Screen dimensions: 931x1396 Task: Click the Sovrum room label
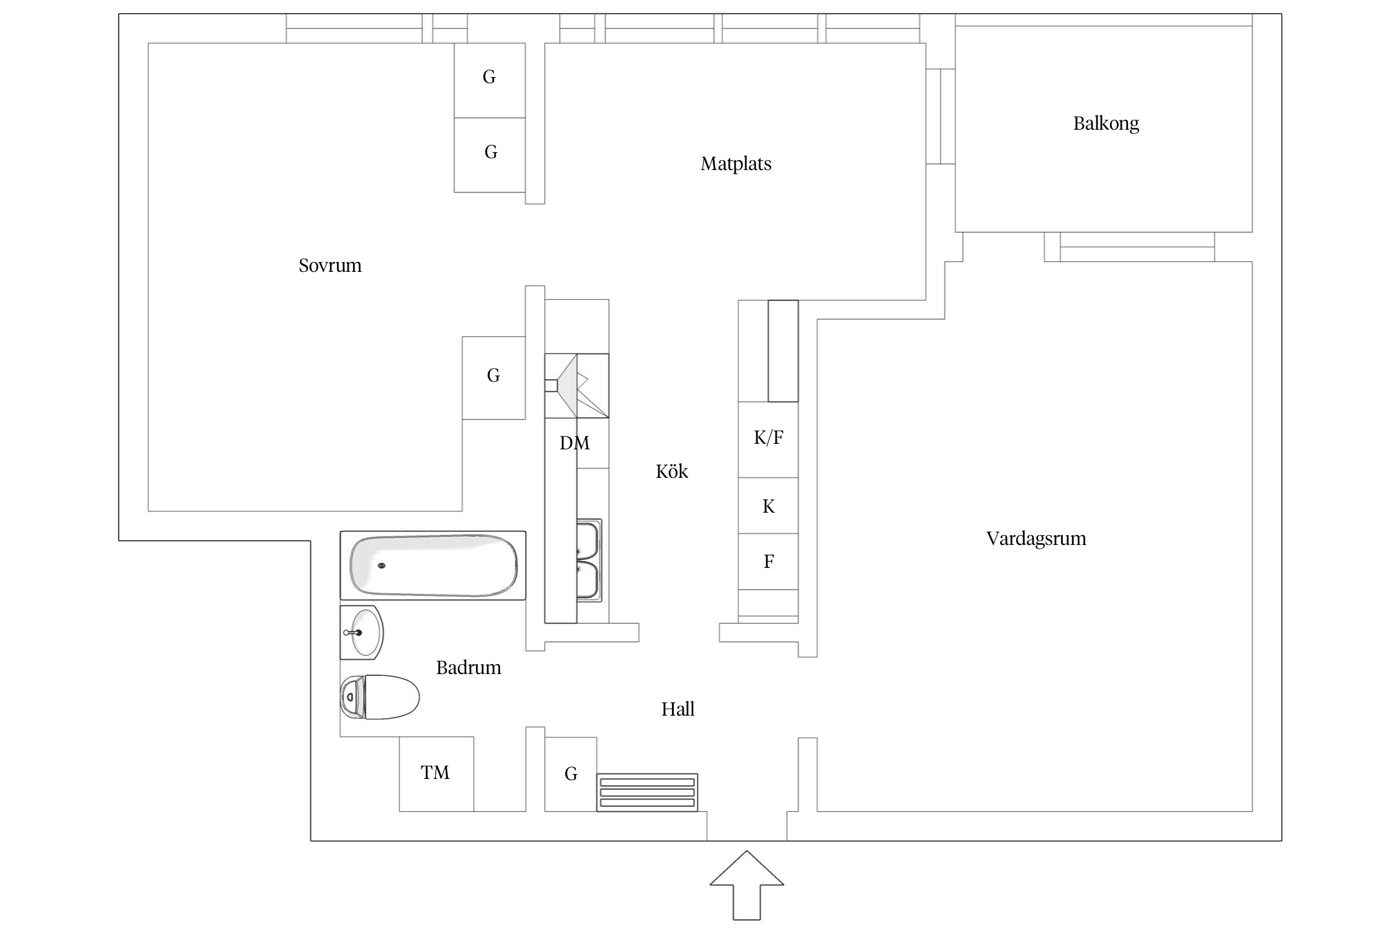point(329,266)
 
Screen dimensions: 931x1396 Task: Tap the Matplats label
point(736,164)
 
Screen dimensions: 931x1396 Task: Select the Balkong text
point(1106,124)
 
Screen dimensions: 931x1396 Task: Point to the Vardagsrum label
point(1036,538)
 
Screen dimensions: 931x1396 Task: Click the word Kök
point(671,472)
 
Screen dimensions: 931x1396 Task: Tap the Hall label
point(678,709)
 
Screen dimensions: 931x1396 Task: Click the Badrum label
point(468,668)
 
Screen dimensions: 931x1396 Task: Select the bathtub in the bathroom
point(432,565)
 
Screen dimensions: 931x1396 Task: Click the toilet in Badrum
point(380,697)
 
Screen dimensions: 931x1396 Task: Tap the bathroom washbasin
point(362,632)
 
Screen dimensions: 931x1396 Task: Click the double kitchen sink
point(588,560)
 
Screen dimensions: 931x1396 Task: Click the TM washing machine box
point(436,773)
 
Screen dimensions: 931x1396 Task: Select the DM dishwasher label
point(574,443)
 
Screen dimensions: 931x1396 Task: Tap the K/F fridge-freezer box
point(767,439)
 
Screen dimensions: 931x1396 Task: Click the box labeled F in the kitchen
point(767,561)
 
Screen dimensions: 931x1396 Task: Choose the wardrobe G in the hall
point(570,774)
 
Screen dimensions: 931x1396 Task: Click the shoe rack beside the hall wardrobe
point(647,793)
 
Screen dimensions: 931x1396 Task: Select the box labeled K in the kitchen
point(767,506)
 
